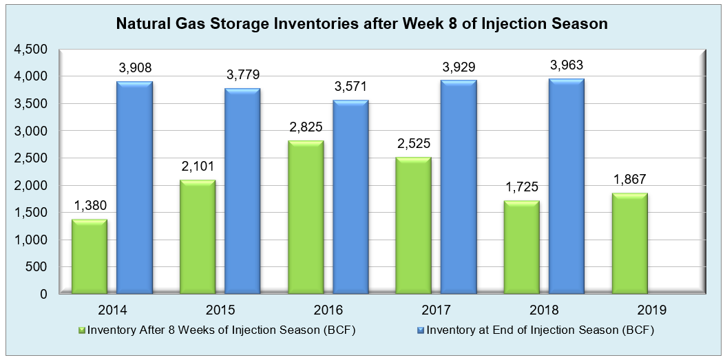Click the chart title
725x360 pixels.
[362, 24]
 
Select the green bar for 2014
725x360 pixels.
[90, 257]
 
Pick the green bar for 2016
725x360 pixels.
[306, 218]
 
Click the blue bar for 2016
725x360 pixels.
[350, 198]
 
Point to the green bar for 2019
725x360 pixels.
[629, 244]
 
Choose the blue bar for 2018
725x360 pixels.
[566, 187]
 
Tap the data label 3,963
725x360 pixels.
[567, 65]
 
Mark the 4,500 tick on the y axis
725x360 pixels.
[30, 50]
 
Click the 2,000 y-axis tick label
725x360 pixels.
[30, 186]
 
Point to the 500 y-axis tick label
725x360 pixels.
[36, 267]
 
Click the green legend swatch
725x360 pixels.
[83, 330]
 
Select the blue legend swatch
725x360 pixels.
[421, 330]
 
